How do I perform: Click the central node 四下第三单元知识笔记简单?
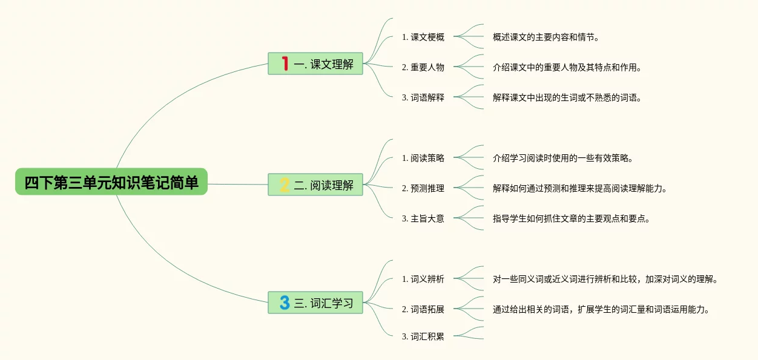[x=111, y=182]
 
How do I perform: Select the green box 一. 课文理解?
[x=315, y=64]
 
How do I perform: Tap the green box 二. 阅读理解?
[x=315, y=185]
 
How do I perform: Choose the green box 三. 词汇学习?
[x=315, y=303]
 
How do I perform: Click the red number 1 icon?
[x=285, y=63]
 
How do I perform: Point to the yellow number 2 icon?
[x=284, y=185]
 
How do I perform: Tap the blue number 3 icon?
[x=284, y=303]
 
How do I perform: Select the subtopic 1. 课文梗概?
[x=423, y=37]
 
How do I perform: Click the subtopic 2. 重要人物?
[x=423, y=67]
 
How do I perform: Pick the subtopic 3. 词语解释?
[x=423, y=97]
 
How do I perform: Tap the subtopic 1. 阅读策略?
[x=423, y=158]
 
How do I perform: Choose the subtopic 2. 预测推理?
[x=423, y=188]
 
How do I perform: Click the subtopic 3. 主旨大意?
[x=423, y=218]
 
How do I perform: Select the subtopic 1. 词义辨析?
[x=423, y=279]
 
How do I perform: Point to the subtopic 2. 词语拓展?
[x=423, y=309]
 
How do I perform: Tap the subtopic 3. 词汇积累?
[x=423, y=336]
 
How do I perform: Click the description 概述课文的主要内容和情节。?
[x=545, y=37]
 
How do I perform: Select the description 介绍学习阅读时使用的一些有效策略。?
[x=563, y=158]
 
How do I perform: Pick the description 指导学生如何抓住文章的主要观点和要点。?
[x=572, y=218]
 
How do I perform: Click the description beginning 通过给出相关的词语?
[x=601, y=309]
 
